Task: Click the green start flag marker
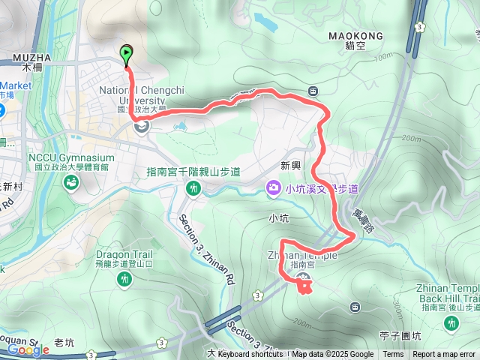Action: point(126,53)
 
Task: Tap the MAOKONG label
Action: point(355,35)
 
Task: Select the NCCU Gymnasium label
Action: point(71,158)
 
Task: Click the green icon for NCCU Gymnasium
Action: point(73,182)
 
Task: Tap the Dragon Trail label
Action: point(124,254)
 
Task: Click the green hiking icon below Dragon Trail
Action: point(124,279)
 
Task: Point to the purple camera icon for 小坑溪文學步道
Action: point(274,188)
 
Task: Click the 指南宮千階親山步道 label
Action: point(193,172)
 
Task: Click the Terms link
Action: point(393,354)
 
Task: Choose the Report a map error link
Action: point(444,354)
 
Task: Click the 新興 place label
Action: point(291,165)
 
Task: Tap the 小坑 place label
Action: point(278,217)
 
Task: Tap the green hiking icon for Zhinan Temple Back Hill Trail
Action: point(451,323)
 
